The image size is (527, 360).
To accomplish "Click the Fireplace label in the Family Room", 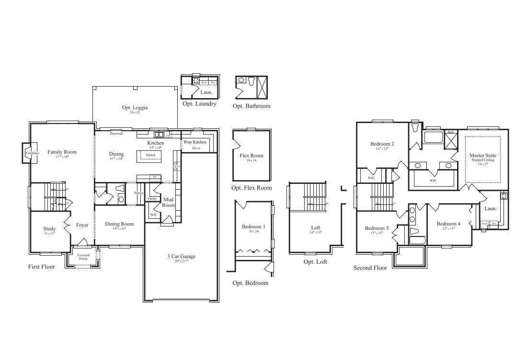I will [32, 153].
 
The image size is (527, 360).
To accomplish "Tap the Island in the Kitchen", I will [150, 155].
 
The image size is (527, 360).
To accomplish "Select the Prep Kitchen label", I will [195, 142].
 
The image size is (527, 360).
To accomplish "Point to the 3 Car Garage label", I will [181, 257].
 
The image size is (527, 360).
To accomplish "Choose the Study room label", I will [50, 229].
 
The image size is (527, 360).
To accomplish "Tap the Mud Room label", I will [168, 202].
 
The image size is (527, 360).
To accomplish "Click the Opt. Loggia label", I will [135, 108].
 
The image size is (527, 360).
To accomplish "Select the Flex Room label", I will [252, 156].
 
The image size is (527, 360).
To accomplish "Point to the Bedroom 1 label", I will [253, 226].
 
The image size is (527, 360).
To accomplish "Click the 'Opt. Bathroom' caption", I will [252, 106].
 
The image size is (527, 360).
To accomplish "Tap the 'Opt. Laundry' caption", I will [199, 103].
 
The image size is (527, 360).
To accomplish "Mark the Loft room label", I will [315, 228].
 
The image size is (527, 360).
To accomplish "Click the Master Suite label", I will [482, 156].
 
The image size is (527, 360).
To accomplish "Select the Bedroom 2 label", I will [382, 144].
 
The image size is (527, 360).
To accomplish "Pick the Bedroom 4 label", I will [448, 224].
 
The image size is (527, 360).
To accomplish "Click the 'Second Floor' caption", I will [370, 268].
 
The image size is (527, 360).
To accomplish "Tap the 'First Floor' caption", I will [41, 267].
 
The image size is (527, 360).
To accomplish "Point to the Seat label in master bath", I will [451, 132].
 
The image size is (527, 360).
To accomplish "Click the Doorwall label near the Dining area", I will [116, 134].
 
